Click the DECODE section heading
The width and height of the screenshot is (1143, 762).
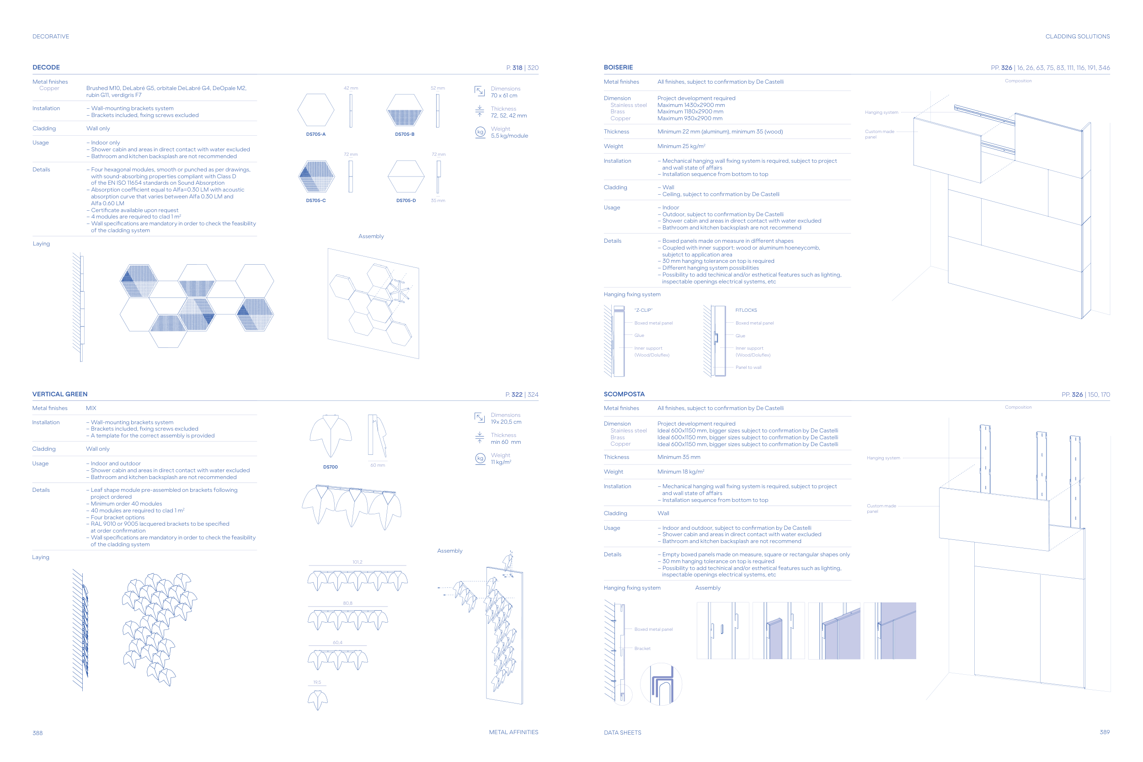pos(46,68)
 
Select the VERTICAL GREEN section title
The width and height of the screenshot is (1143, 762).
pos(60,394)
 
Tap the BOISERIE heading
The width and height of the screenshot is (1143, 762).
pos(618,68)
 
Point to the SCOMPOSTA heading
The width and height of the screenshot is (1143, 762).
pos(624,394)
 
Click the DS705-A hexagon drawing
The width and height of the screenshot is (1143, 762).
pos(316,110)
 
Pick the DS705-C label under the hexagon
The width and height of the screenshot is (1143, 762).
pos(316,201)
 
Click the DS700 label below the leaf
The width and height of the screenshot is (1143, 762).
pos(331,467)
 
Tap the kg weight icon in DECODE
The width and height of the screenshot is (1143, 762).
pos(480,132)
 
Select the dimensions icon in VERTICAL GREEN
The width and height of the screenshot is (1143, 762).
pos(480,418)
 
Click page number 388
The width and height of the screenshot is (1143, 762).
pos(37,733)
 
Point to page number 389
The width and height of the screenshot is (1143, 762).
pos(1105,732)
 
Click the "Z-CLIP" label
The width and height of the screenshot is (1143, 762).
pos(643,310)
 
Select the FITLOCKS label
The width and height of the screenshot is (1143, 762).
pos(746,310)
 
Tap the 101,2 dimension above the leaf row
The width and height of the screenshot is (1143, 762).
pos(357,562)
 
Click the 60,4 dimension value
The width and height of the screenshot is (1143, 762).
pos(338,642)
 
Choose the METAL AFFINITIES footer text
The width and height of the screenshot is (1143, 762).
pos(514,732)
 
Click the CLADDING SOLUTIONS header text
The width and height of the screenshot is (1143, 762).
pos(1078,37)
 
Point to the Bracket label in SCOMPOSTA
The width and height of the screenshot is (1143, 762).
pos(642,649)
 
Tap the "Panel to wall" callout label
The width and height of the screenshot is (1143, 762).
pos(748,368)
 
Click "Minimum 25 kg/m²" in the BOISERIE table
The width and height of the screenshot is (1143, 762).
pos(681,146)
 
